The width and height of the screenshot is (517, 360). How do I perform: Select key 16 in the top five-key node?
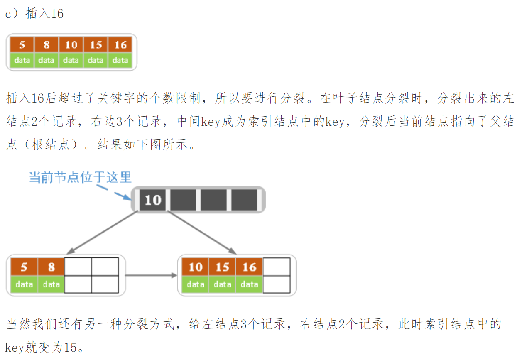pyautogui.click(x=120, y=45)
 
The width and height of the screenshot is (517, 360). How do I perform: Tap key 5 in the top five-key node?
pyautogui.click(x=22, y=45)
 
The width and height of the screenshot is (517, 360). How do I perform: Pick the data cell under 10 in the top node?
pyautogui.click(x=71, y=60)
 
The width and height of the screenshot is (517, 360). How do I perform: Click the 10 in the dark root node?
pyautogui.click(x=152, y=200)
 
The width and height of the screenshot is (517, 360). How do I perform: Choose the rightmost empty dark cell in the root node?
pyautogui.click(x=244, y=200)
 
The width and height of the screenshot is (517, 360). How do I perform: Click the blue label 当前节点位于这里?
pyautogui.click(x=80, y=177)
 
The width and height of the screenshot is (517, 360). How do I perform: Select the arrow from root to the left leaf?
pyautogui.click(x=102, y=232)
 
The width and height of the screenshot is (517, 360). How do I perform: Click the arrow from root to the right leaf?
pyautogui.click(x=202, y=232)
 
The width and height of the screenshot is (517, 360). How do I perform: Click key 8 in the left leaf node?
pyautogui.click(x=51, y=267)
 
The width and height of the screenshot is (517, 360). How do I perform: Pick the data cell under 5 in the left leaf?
pyautogui.click(x=24, y=284)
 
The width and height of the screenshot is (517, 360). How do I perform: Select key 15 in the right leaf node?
pyautogui.click(x=222, y=267)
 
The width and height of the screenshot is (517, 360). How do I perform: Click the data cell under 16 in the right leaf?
pyautogui.click(x=249, y=284)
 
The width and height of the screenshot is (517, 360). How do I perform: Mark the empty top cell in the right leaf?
pyautogui.click(x=276, y=267)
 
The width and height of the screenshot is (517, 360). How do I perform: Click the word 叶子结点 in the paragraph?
pyautogui.click(x=361, y=98)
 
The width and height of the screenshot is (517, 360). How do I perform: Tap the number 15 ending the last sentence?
pyautogui.click(x=71, y=347)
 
